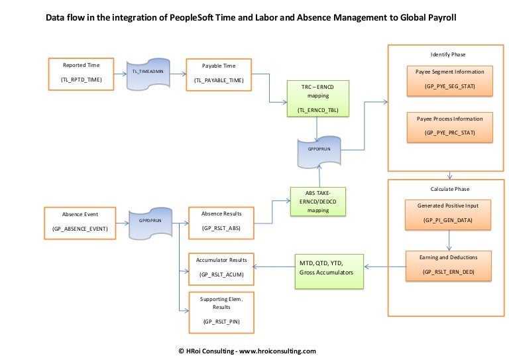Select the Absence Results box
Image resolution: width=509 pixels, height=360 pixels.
pyautogui.click(x=221, y=221)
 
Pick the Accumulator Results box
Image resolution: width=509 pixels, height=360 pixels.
pyautogui.click(x=221, y=267)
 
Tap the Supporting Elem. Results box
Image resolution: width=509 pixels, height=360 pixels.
pyautogui.click(x=221, y=310)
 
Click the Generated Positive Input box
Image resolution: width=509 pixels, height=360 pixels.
pyautogui.click(x=450, y=212)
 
